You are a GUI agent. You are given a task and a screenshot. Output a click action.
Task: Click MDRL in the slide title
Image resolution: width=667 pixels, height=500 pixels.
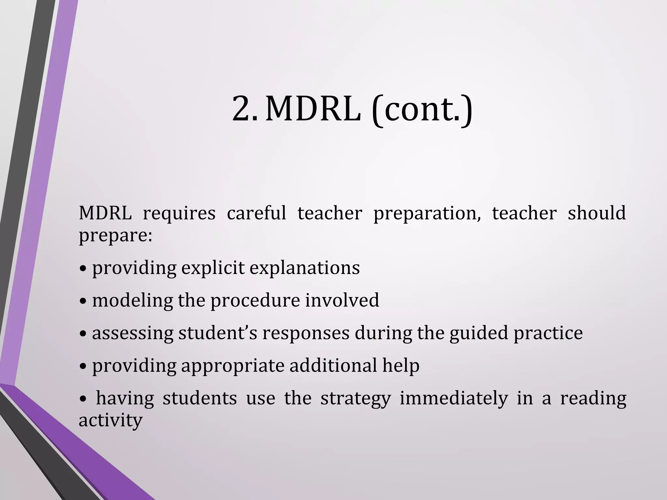pos(313,109)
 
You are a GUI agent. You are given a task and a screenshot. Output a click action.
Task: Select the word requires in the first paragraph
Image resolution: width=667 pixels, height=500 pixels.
pos(179,214)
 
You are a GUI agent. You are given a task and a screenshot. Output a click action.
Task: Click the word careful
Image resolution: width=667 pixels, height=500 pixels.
pos(256,213)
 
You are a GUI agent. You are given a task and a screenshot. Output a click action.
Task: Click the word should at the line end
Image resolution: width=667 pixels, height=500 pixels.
pos(597,213)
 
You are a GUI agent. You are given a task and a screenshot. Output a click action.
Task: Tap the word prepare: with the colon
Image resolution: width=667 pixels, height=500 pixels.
pos(116,236)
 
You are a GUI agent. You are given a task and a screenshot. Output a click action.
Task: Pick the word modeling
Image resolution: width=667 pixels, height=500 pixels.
pos(132,300)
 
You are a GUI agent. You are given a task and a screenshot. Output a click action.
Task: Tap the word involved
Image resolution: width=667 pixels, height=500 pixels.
pos(342,300)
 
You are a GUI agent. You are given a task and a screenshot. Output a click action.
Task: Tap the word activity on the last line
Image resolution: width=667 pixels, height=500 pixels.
pos(111,421)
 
